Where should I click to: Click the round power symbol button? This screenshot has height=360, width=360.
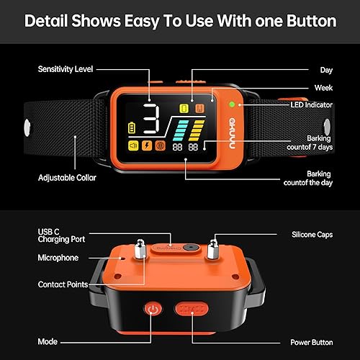pos(152,309)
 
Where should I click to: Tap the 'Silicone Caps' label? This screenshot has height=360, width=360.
pos(310,235)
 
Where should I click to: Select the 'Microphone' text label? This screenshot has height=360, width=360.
pos(58,257)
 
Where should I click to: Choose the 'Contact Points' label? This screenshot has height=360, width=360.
pos(63,284)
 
